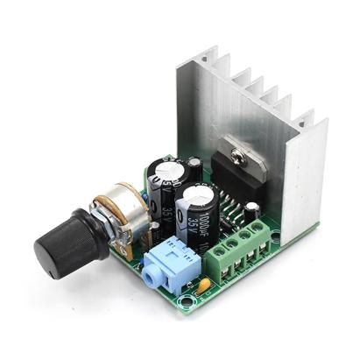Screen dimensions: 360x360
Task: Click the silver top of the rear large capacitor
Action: pyautogui.click(x=165, y=166)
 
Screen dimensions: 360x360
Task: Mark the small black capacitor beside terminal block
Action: pyautogui.click(x=252, y=210)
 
